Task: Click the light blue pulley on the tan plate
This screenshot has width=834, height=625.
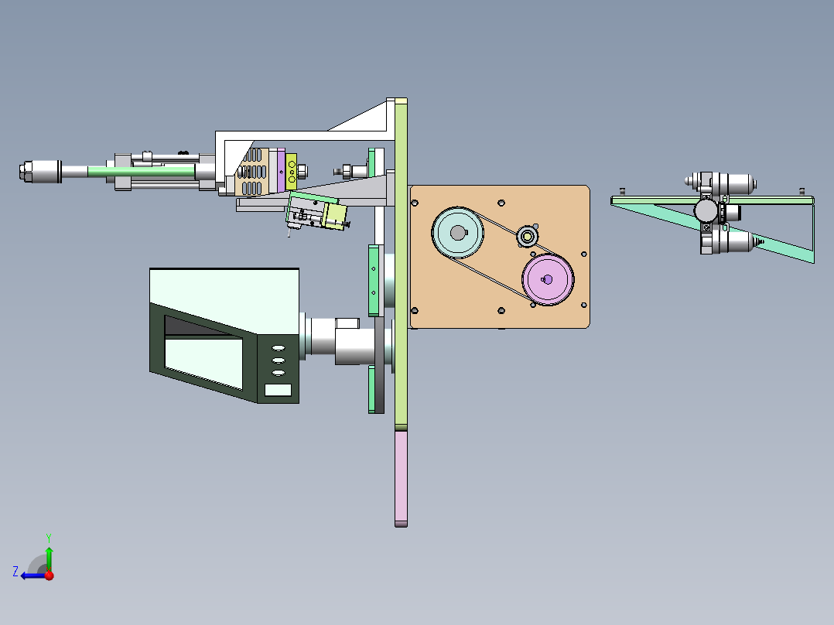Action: click(x=457, y=233)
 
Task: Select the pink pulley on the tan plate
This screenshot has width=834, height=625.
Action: click(x=548, y=279)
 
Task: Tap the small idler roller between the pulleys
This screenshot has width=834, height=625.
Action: click(x=527, y=236)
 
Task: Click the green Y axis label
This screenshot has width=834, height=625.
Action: click(x=49, y=538)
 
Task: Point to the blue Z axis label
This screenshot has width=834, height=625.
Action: click(x=15, y=572)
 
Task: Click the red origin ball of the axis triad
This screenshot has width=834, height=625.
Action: click(x=50, y=575)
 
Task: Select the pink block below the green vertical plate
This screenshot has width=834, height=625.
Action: click(x=401, y=478)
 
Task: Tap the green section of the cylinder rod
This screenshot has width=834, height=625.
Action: click(x=141, y=171)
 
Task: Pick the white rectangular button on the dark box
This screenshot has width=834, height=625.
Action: click(x=278, y=390)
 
